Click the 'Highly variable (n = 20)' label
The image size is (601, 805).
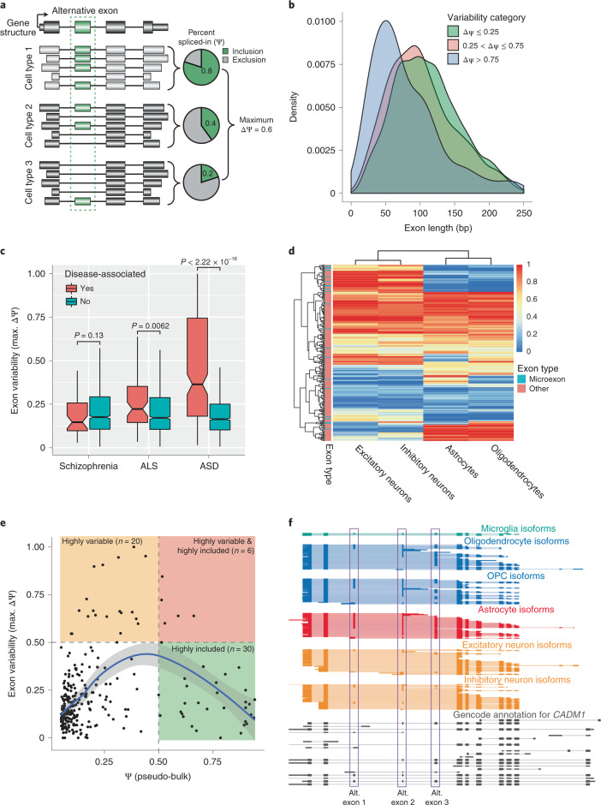(99, 543)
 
